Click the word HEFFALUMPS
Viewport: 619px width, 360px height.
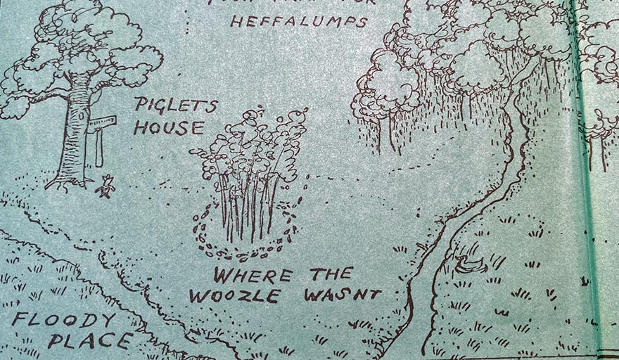click(x=299, y=22)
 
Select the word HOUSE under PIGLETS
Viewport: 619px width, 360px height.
click(x=169, y=128)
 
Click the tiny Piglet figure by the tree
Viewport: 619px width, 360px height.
click(x=106, y=187)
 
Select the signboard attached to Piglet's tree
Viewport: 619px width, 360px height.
click(x=101, y=124)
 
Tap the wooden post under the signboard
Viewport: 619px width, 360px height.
click(x=100, y=149)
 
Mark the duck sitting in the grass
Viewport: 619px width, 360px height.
click(x=469, y=263)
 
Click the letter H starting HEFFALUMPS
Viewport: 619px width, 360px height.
click(x=236, y=21)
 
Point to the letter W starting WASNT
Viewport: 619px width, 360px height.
click(x=312, y=294)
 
